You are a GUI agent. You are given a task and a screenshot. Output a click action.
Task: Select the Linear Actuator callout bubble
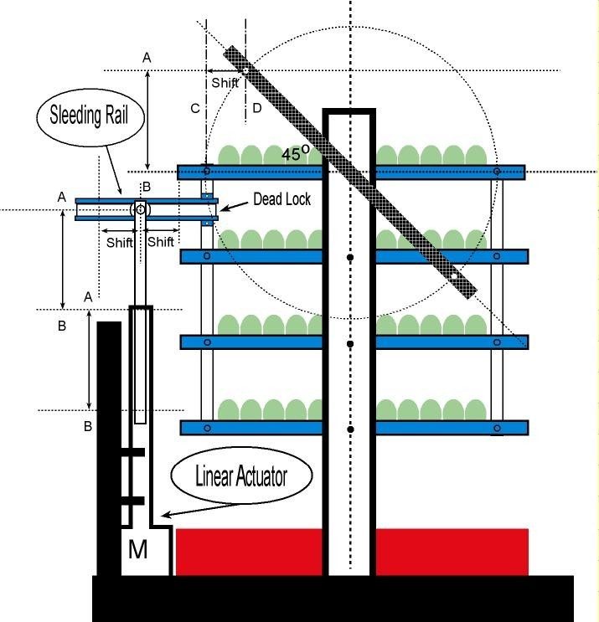[x=240, y=476]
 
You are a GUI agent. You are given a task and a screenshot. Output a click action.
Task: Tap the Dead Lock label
[x=281, y=199]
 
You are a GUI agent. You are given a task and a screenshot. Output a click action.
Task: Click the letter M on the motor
[x=137, y=550]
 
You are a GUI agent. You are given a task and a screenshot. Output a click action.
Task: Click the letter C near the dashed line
[x=195, y=108]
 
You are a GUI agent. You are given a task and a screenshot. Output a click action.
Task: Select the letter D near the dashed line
[x=256, y=108]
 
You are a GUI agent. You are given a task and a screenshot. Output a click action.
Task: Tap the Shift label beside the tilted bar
[x=225, y=83]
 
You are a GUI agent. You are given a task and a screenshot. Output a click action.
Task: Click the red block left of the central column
[x=249, y=552]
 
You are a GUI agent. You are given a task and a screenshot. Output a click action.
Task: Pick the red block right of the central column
[x=452, y=552]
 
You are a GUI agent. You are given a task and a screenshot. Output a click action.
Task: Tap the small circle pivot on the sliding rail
[x=140, y=208]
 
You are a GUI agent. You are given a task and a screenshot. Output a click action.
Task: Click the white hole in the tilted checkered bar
[x=452, y=274]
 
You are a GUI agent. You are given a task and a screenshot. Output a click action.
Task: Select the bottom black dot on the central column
[x=350, y=429]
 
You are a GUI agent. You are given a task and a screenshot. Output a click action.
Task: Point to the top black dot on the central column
[x=350, y=257]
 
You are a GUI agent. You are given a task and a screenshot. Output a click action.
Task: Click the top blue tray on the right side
[x=449, y=172]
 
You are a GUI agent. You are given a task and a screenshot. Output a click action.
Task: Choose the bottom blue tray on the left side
[x=251, y=428]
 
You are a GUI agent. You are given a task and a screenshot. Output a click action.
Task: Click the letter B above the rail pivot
[x=147, y=186]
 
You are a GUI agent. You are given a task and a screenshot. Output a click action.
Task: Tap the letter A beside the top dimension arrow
[x=147, y=57]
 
